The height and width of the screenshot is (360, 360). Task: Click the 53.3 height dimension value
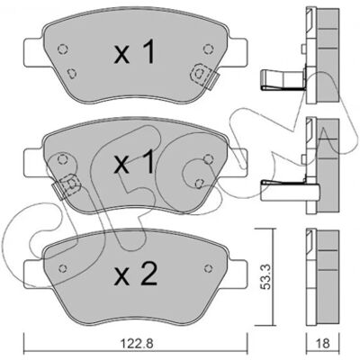[x=265, y=276]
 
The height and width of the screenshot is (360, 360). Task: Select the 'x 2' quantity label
[x=136, y=274]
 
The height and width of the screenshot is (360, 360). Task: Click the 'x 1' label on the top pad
[x=135, y=52]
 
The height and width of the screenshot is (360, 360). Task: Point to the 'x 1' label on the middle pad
[x=135, y=162]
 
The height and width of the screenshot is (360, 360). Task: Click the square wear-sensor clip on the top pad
[x=201, y=74]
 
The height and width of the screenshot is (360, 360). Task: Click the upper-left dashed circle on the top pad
[x=62, y=49]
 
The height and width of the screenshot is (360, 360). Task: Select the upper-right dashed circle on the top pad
[x=208, y=49]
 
